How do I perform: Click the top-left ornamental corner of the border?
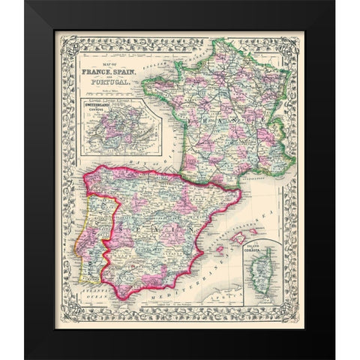pos(61,38)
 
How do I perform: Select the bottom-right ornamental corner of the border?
pos(299,322)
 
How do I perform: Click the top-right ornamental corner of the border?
pos(299,38)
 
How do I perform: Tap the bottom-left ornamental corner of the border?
pos(61,322)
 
